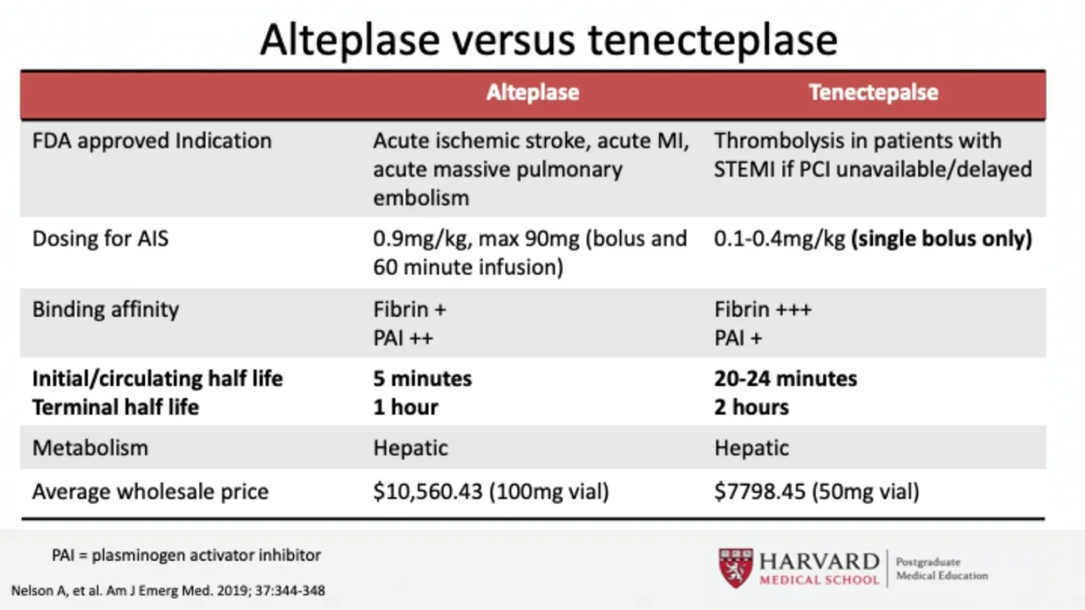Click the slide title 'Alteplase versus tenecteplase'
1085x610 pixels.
[x=548, y=40]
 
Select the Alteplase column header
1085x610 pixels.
[x=532, y=92]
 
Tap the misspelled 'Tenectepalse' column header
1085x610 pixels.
[x=873, y=92]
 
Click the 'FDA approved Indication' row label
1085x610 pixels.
[x=152, y=141]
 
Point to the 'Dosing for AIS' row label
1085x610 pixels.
[x=100, y=239]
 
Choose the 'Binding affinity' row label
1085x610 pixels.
[x=105, y=309]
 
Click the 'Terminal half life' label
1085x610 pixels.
[x=115, y=408]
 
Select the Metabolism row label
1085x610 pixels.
[x=90, y=448]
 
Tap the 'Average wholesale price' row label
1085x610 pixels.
[x=150, y=491]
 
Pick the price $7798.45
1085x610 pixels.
[x=759, y=491]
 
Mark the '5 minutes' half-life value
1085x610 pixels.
[x=422, y=379]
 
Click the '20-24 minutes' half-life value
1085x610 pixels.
[x=785, y=379]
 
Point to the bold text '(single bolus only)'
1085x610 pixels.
[x=942, y=239]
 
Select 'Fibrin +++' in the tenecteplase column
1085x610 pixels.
[x=763, y=309]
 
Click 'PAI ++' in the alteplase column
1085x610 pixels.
[x=403, y=338]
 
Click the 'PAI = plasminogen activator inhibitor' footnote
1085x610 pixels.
[x=186, y=556]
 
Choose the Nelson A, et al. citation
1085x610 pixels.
[x=168, y=591]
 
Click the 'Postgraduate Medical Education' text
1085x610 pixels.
[x=941, y=568]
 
